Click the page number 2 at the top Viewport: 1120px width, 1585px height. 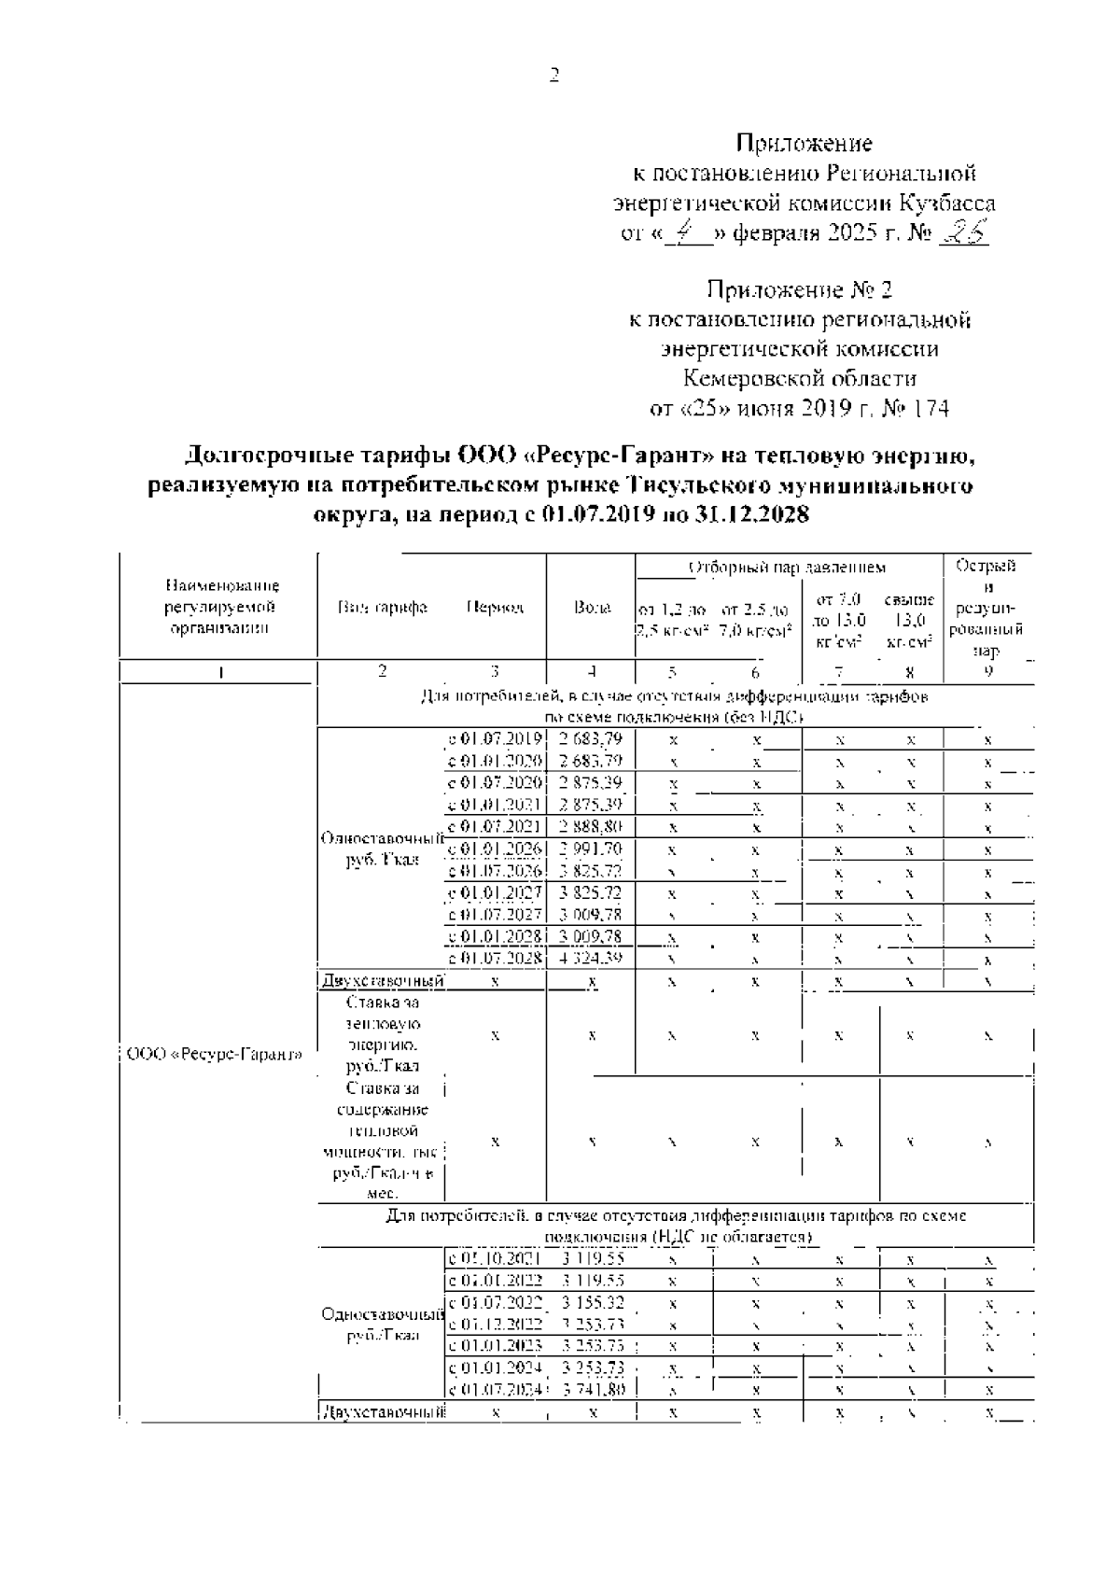[x=554, y=76]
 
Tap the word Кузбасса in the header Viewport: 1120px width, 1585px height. [x=949, y=203]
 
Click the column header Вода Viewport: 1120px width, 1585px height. [x=592, y=608]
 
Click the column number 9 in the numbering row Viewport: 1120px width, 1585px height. [x=988, y=670]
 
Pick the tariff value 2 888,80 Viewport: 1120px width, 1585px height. [x=591, y=826]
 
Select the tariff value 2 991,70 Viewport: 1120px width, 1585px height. [x=591, y=849]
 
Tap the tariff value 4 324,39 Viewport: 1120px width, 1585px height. [x=591, y=959]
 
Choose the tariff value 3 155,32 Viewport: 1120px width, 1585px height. [x=593, y=1301]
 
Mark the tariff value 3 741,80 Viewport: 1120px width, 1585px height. [x=593, y=1390]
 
